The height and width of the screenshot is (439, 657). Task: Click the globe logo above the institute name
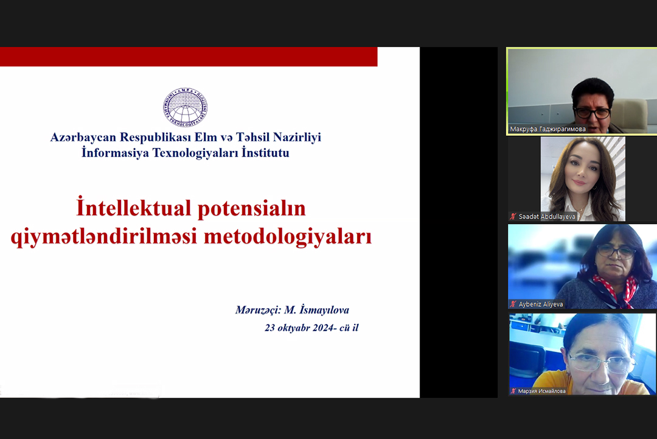pyautogui.click(x=186, y=108)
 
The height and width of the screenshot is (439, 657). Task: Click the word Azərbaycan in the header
pyautogui.click(x=83, y=138)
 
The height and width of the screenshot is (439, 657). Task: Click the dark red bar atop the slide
pyautogui.click(x=189, y=57)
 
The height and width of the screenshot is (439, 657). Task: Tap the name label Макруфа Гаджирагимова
pyautogui.click(x=547, y=129)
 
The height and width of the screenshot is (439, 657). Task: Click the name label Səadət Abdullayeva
pyautogui.click(x=546, y=217)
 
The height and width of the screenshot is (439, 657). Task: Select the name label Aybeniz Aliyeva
pyautogui.click(x=540, y=304)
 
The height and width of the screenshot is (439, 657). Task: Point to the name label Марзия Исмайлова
pyautogui.click(x=541, y=391)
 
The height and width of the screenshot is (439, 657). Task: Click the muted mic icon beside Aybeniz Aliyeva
pyautogui.click(x=513, y=304)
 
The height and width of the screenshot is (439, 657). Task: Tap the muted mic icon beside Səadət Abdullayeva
pyautogui.click(x=513, y=217)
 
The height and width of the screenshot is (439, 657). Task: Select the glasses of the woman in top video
pyautogui.click(x=592, y=113)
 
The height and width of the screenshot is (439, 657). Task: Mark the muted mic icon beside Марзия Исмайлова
pyautogui.click(x=513, y=391)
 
